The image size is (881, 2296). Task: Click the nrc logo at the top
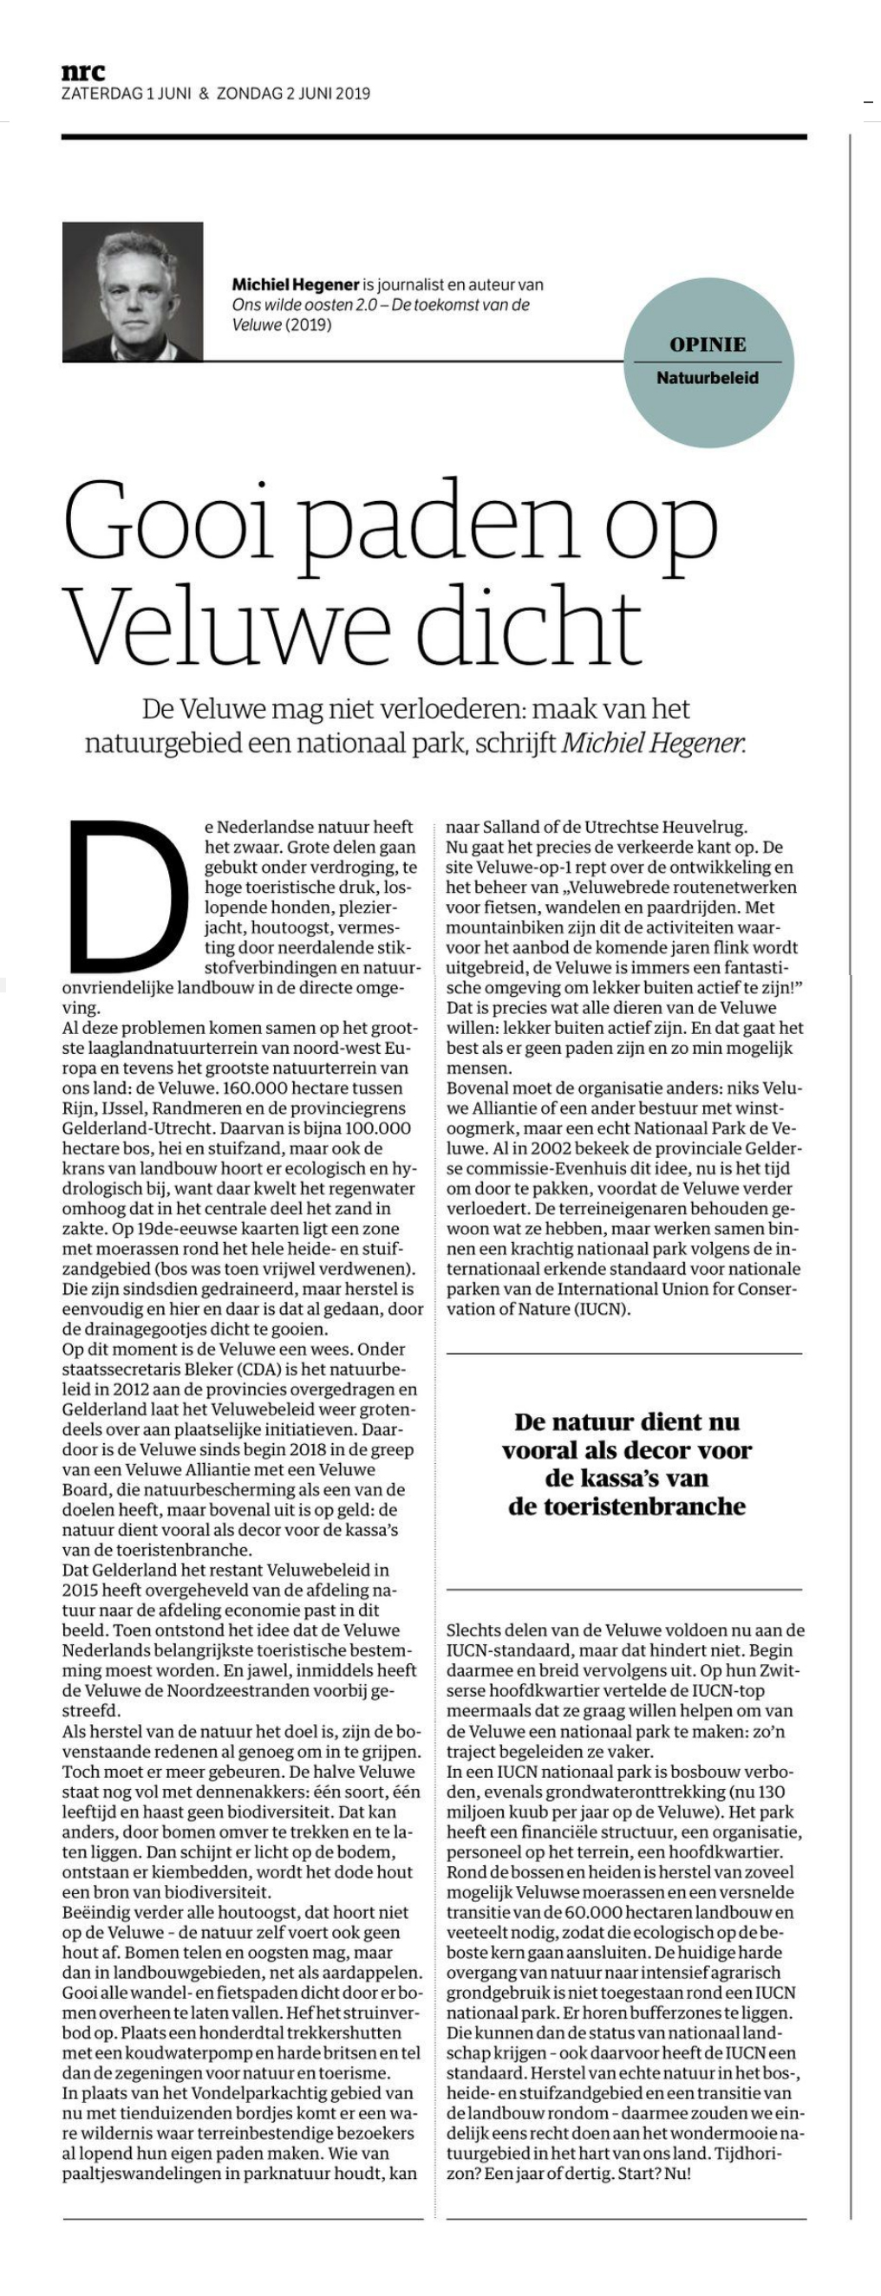click(83, 72)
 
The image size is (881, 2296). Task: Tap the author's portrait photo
click(132, 291)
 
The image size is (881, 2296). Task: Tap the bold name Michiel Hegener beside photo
click(295, 285)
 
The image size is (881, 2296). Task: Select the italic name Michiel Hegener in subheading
click(653, 744)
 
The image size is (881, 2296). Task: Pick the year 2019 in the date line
click(352, 94)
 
